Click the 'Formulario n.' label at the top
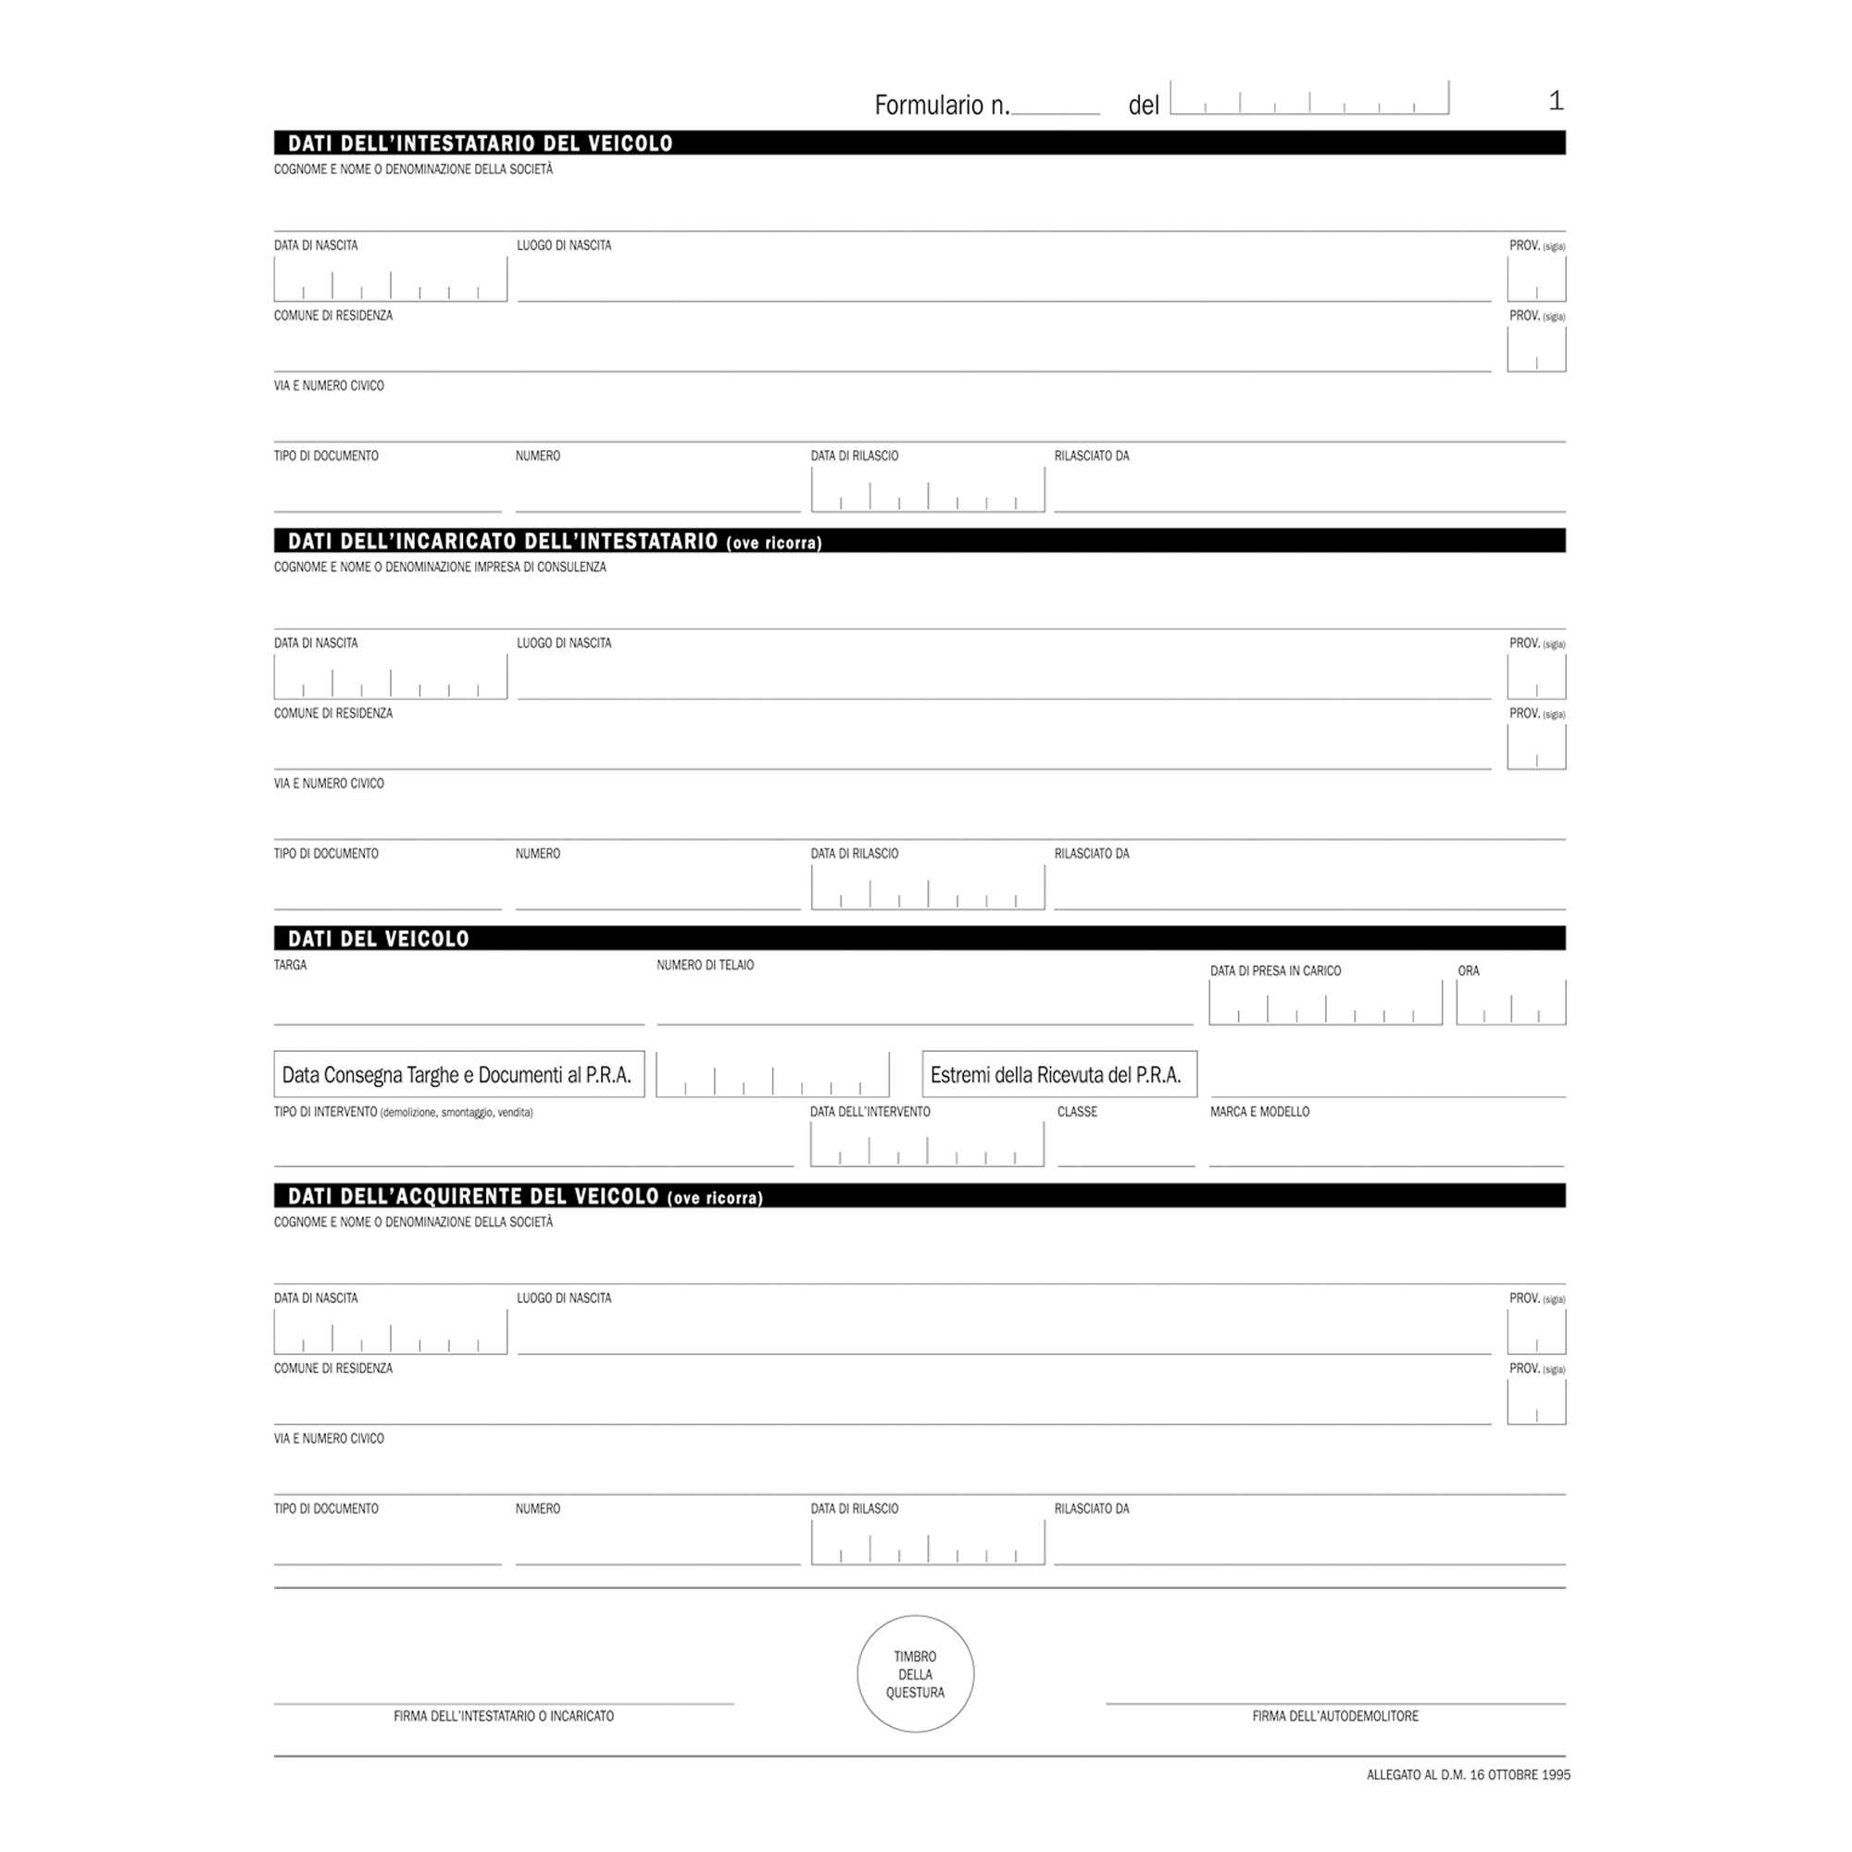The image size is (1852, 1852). (942, 106)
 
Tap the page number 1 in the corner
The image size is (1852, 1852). (1556, 101)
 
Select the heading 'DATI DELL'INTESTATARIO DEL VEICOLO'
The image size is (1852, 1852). (481, 144)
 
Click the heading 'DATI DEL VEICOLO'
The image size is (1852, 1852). (379, 938)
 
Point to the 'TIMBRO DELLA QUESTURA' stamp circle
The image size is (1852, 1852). (915, 1673)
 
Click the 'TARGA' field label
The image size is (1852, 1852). (291, 965)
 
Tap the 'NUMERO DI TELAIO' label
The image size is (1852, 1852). (705, 965)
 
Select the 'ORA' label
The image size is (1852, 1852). (1468, 971)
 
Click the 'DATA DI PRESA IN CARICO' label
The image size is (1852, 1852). (1275, 971)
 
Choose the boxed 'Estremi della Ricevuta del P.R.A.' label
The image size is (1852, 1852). (1058, 1074)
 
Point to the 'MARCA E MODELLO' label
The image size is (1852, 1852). (1258, 1112)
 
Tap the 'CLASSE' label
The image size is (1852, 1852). (1077, 1112)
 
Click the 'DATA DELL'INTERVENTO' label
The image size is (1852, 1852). (870, 1112)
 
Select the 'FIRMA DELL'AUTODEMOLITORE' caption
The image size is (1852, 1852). (1334, 1716)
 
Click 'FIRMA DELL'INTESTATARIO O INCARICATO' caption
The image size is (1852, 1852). (503, 1716)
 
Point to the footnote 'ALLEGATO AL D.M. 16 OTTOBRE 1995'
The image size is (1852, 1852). (1468, 1774)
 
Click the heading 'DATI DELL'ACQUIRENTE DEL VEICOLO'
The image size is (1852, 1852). (473, 1196)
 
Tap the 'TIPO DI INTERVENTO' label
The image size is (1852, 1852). (325, 1112)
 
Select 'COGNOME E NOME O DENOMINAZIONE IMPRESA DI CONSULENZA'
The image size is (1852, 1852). (440, 568)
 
